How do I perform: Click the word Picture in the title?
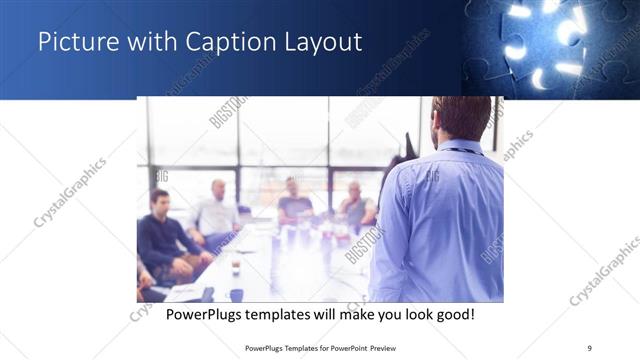[x=73, y=43]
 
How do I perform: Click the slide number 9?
[x=589, y=348]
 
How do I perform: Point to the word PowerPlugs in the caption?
[x=208, y=314]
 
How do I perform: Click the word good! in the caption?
[x=452, y=314]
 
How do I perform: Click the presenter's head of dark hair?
[x=461, y=114]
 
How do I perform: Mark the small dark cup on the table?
[x=236, y=267]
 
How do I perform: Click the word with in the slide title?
[x=144, y=43]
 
